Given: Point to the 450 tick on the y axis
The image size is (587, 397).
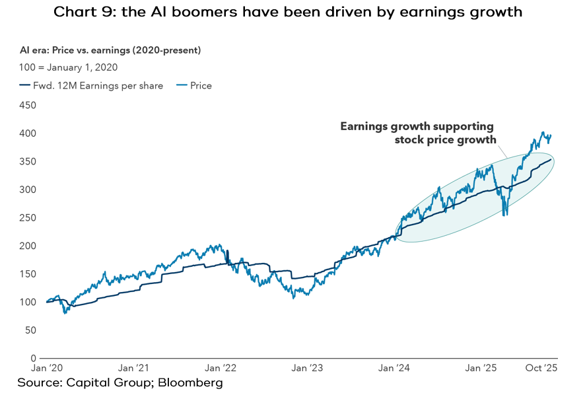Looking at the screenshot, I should (x=28, y=106).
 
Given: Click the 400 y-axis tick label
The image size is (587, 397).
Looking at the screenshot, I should (x=28, y=133).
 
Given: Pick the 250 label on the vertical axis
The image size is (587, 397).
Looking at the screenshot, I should (x=28, y=218).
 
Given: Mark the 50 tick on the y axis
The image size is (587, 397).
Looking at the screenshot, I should (x=30, y=330).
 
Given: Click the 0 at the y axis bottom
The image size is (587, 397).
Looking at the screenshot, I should (x=33, y=358).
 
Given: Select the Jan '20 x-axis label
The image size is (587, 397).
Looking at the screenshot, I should (x=48, y=368).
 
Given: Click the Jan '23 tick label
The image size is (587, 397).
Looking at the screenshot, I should (x=308, y=368).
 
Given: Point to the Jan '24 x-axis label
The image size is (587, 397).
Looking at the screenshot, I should (x=395, y=368).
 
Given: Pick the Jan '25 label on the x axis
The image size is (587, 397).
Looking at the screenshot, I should (x=481, y=368).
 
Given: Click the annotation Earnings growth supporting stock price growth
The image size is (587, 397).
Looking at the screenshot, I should (x=417, y=133).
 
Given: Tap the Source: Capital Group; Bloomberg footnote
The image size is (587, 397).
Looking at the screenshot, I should (x=120, y=383).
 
